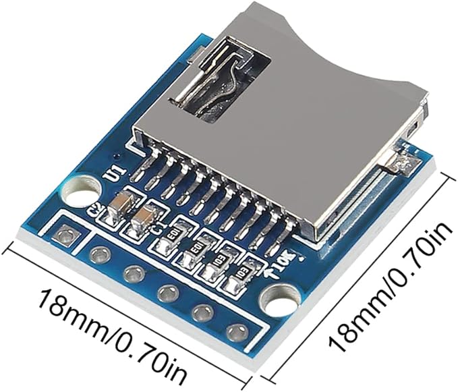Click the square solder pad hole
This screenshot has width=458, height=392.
pyautogui.click(x=65, y=235)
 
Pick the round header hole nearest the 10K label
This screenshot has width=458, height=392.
pyautogui.click(x=234, y=331)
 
